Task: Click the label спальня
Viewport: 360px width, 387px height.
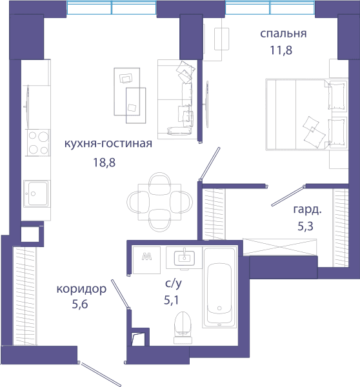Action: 283,34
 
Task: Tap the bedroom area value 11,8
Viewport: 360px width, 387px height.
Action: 281,50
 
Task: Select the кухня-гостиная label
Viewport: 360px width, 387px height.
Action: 108,143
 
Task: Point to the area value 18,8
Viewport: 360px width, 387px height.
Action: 105,163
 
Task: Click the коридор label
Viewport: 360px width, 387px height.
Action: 81,289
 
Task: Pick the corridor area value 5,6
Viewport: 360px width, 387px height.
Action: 80,304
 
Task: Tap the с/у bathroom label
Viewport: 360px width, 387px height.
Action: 174,283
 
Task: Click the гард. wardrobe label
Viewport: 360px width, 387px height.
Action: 307,210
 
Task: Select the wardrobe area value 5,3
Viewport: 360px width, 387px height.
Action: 305,226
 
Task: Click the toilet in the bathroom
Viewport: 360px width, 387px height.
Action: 183,327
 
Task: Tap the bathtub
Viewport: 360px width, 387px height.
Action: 219,288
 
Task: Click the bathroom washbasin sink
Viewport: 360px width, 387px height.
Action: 185,257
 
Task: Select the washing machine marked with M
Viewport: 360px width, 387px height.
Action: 146,260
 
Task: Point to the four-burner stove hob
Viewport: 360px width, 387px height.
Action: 38,143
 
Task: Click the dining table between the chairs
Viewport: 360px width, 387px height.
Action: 159,202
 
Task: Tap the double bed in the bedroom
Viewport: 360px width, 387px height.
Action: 306,114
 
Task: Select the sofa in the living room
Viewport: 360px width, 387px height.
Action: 177,99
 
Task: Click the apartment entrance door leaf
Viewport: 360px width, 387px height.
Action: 101,374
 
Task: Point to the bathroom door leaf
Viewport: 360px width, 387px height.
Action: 120,293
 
